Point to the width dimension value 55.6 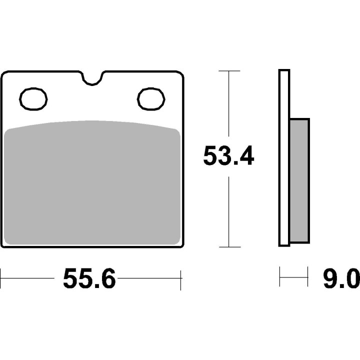tap(89, 278)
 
